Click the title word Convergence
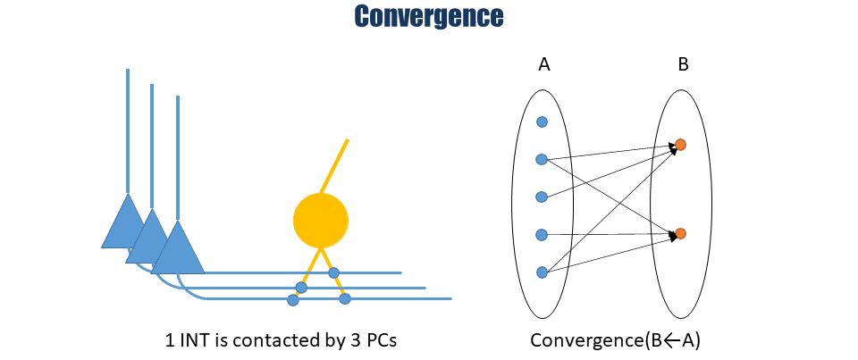428,16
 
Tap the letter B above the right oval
683,64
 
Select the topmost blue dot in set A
542,121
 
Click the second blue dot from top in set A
541,159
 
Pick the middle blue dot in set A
541,197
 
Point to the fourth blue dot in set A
541,234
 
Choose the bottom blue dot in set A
541,272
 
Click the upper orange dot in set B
680,144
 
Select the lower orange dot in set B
680,233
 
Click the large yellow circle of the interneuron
320,220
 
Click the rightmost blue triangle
179,248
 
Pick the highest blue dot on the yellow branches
333,272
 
